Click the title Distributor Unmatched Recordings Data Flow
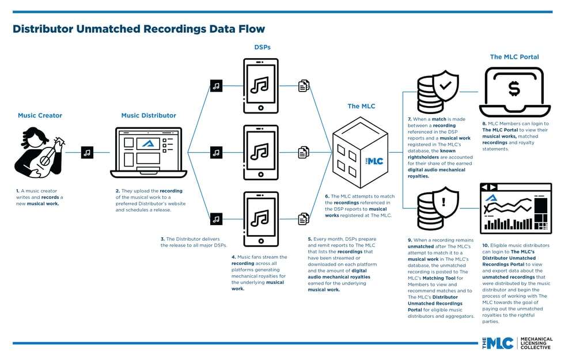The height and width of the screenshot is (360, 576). (138, 29)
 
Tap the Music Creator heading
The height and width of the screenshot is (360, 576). (40, 116)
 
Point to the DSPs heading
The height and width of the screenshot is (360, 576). (262, 47)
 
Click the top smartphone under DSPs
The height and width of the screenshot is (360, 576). (260, 86)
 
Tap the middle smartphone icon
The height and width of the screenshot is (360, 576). (260, 153)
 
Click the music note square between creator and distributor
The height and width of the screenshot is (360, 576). (87, 153)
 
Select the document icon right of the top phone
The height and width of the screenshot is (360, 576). (304, 86)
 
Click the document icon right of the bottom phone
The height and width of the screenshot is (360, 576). (304, 219)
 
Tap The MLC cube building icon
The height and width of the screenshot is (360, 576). (361, 154)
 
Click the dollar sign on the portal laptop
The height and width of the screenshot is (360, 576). (514, 89)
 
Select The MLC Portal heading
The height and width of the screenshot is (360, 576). (514, 57)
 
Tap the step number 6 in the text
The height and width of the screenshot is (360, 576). (325, 196)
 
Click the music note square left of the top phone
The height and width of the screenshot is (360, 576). (216, 86)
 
